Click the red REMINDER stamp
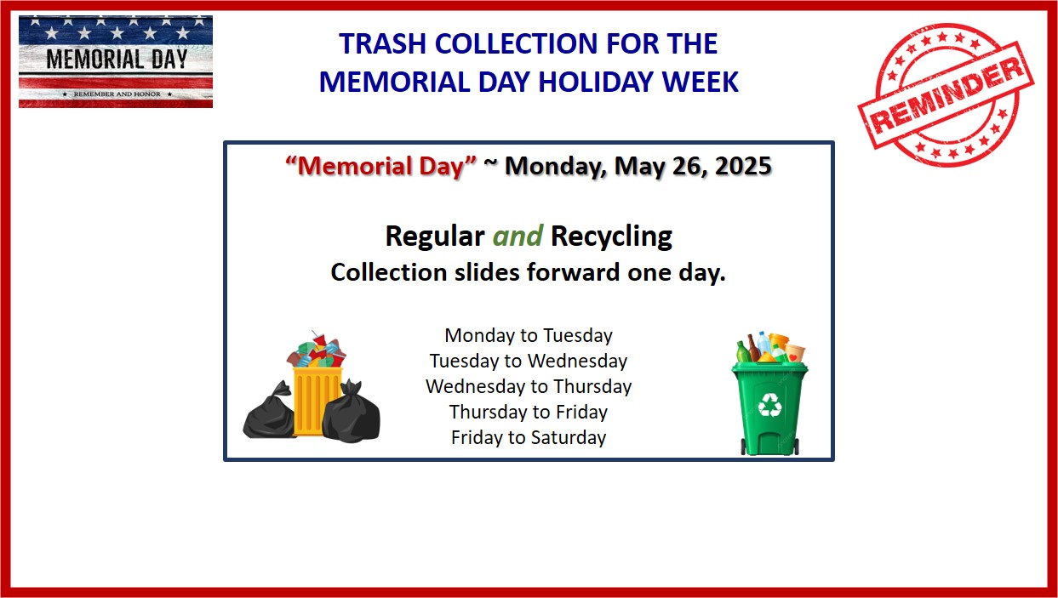pos(946,95)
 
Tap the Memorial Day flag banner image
pos(116,61)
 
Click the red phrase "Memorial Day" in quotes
pos(381,166)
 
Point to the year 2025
pos(743,166)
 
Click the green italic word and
pos(518,236)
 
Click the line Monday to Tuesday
pos(529,336)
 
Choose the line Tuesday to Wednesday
pos(529,361)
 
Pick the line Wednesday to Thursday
pos(529,386)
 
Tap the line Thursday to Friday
pos(529,412)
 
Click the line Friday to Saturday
pos(529,437)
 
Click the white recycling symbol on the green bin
pos(769,405)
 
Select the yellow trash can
pos(317,402)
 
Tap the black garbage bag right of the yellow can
pos(351,412)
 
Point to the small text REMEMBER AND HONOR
pos(117,94)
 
